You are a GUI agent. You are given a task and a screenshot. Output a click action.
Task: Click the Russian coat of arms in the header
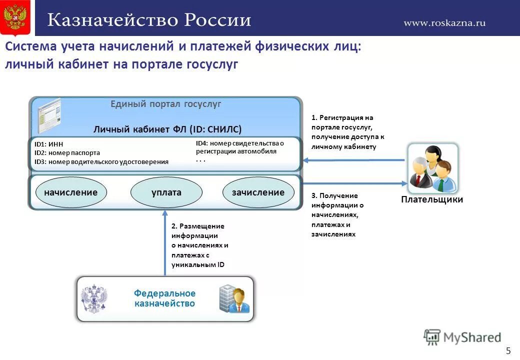[x=15, y=18]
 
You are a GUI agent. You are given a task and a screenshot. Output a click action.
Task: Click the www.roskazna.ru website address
[x=444, y=22]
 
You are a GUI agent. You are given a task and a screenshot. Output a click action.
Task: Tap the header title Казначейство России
[x=149, y=20]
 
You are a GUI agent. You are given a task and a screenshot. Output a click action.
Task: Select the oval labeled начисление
[x=70, y=192]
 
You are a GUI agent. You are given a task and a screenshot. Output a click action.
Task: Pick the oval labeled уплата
[x=166, y=192]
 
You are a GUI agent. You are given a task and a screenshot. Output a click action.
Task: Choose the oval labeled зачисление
[x=258, y=192]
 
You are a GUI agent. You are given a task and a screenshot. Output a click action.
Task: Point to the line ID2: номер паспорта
[x=67, y=153]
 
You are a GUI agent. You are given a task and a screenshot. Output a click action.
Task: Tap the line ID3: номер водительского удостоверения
[x=101, y=161]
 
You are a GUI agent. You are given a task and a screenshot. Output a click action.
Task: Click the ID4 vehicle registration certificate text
[x=239, y=147]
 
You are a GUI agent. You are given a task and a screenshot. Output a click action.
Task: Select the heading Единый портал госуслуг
[x=165, y=104]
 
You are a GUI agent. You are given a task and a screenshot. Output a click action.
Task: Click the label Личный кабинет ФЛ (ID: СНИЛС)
[x=167, y=129]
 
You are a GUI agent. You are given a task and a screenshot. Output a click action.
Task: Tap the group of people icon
[x=432, y=168]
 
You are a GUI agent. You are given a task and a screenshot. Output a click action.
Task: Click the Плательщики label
[x=432, y=200]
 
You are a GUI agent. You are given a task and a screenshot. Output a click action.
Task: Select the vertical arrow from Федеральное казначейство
[x=165, y=242]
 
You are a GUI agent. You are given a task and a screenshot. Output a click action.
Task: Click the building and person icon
[x=233, y=298]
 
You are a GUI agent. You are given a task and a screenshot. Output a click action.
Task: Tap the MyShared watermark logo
[x=462, y=337]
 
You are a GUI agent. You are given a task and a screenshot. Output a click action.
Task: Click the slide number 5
[x=508, y=350]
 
